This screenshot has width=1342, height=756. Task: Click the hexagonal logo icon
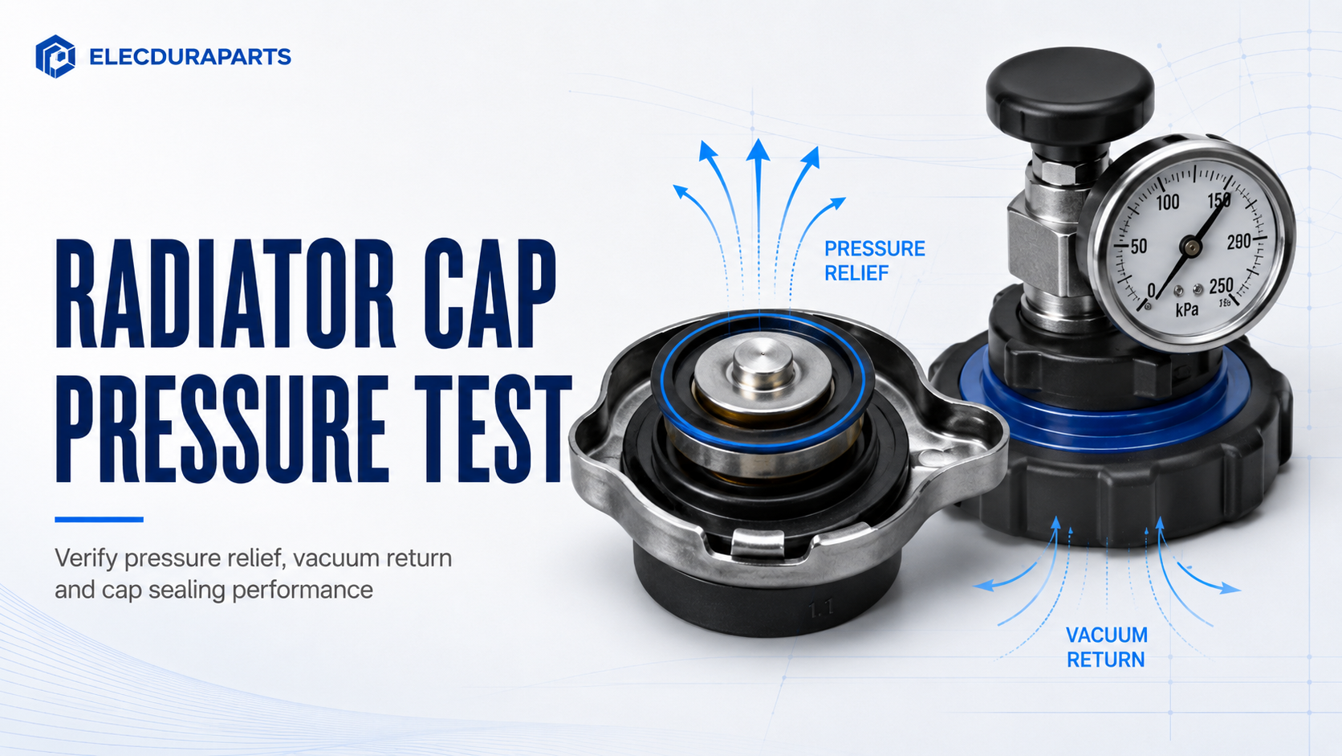(x=55, y=56)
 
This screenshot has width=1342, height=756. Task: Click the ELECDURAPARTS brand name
(x=190, y=57)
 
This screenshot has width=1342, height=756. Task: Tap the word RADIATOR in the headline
(x=226, y=294)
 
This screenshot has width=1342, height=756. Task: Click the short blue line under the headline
(x=99, y=520)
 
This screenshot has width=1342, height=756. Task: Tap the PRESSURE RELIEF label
(x=875, y=261)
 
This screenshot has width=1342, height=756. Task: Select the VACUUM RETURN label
(x=1107, y=648)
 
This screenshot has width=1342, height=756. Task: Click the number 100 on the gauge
(x=1167, y=202)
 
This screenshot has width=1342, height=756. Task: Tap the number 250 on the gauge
(x=1221, y=287)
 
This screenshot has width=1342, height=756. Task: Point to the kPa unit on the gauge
(x=1187, y=310)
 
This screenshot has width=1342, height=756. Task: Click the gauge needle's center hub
(x=1190, y=247)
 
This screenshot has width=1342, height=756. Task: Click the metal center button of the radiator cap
(x=762, y=362)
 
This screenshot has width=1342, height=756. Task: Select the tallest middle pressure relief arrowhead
(x=758, y=149)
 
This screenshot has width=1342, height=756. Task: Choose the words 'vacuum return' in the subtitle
(x=372, y=558)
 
